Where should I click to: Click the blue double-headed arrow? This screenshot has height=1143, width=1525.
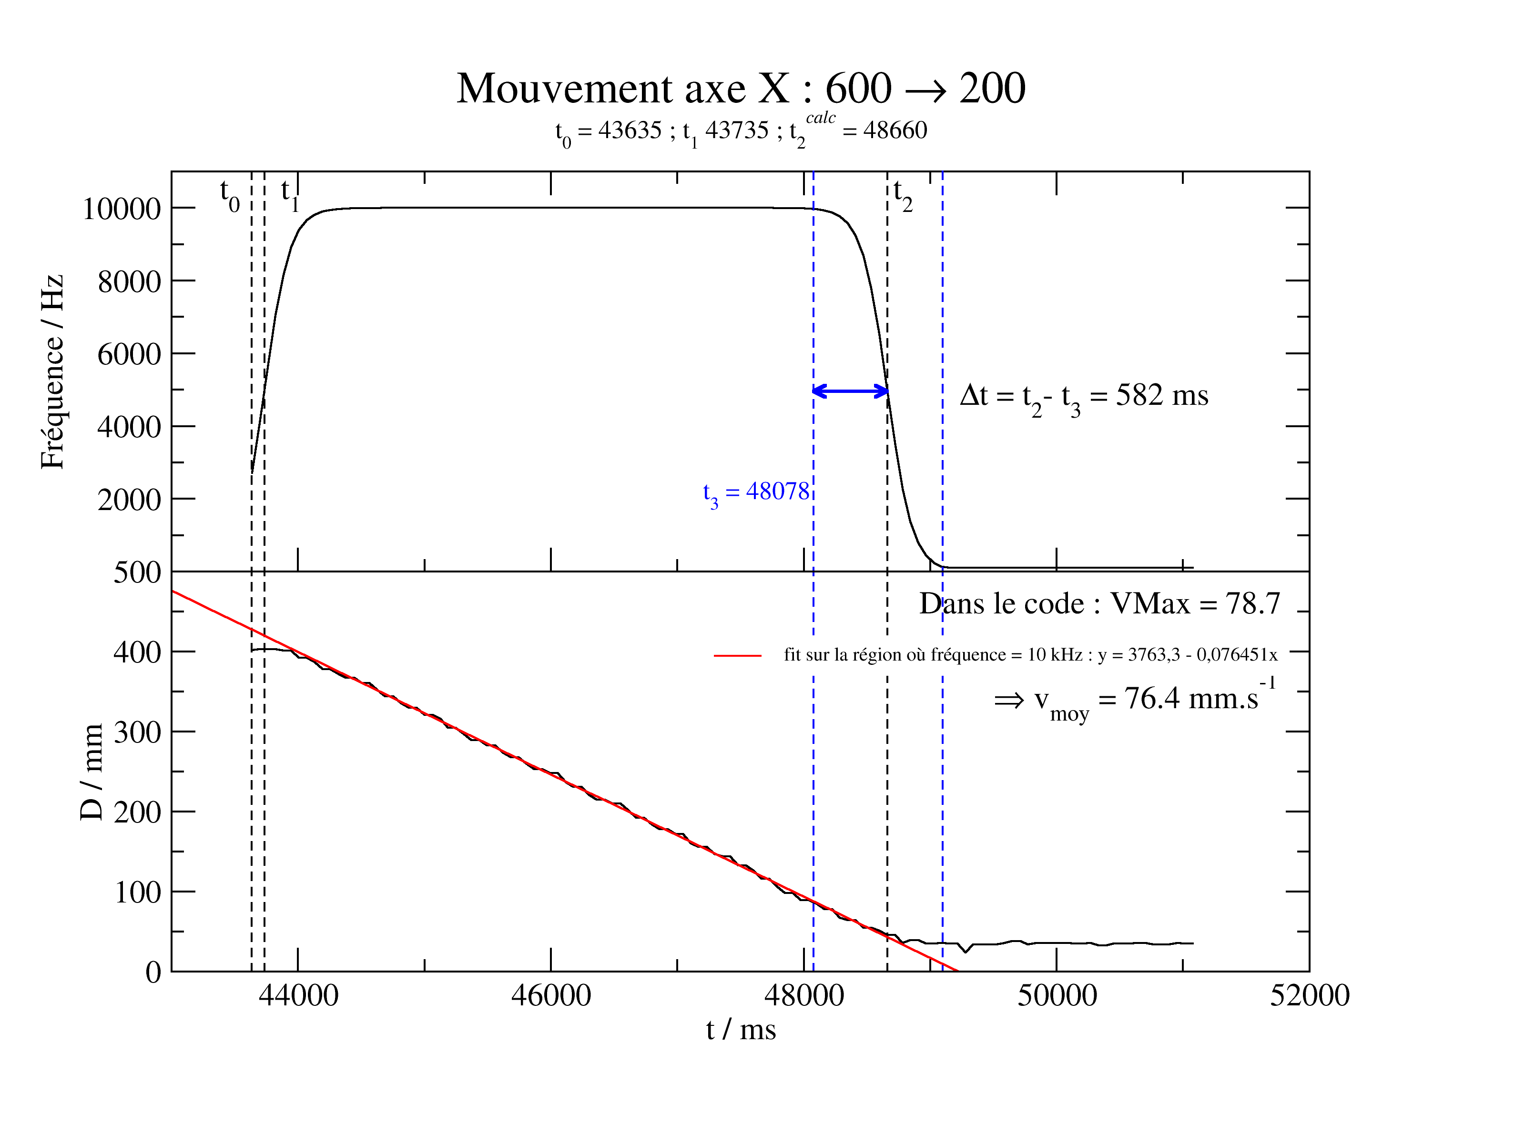tap(850, 391)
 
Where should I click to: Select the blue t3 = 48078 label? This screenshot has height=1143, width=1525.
tap(756, 492)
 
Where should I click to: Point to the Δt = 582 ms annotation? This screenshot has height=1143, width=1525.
tap(1083, 397)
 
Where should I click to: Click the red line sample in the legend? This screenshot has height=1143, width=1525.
tap(737, 655)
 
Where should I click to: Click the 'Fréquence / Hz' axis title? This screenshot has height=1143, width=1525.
tap(52, 372)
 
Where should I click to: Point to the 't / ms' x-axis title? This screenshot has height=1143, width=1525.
tap(741, 1030)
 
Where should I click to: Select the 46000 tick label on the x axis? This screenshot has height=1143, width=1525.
tap(551, 996)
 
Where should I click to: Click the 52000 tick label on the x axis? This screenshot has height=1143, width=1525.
tap(1309, 996)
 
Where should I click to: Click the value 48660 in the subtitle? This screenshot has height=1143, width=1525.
tap(895, 130)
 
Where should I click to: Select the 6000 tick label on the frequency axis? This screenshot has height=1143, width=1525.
tap(129, 355)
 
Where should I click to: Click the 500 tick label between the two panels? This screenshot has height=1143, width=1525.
tap(137, 572)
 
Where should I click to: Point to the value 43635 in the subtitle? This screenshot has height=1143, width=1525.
tap(630, 130)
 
